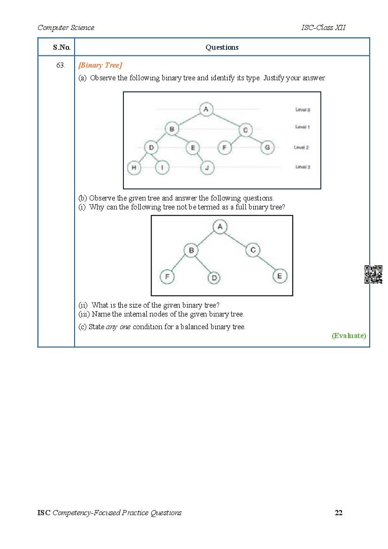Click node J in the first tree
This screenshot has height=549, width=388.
(207, 167)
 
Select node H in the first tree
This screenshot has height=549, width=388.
(134, 167)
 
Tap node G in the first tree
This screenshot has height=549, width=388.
(267, 147)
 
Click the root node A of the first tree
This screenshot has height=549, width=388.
(205, 109)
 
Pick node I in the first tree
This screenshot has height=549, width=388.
(162, 167)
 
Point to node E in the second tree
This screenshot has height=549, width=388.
(280, 276)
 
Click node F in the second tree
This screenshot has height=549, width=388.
(167, 277)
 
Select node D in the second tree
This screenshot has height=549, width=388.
(214, 278)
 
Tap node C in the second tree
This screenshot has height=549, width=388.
(253, 250)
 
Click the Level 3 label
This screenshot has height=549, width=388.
(303, 167)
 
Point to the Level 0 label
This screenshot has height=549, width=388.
(303, 110)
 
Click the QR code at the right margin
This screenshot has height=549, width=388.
(373, 274)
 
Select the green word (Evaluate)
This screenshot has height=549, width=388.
(349, 335)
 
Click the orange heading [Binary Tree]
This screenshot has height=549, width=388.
(100, 65)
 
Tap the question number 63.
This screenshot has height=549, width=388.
(60, 65)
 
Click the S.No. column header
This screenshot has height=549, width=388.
(61, 47)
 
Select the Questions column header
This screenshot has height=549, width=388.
(222, 47)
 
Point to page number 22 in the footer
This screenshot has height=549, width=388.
(339, 512)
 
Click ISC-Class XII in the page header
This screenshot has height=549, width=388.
(323, 28)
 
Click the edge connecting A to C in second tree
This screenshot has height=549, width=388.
(236, 239)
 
